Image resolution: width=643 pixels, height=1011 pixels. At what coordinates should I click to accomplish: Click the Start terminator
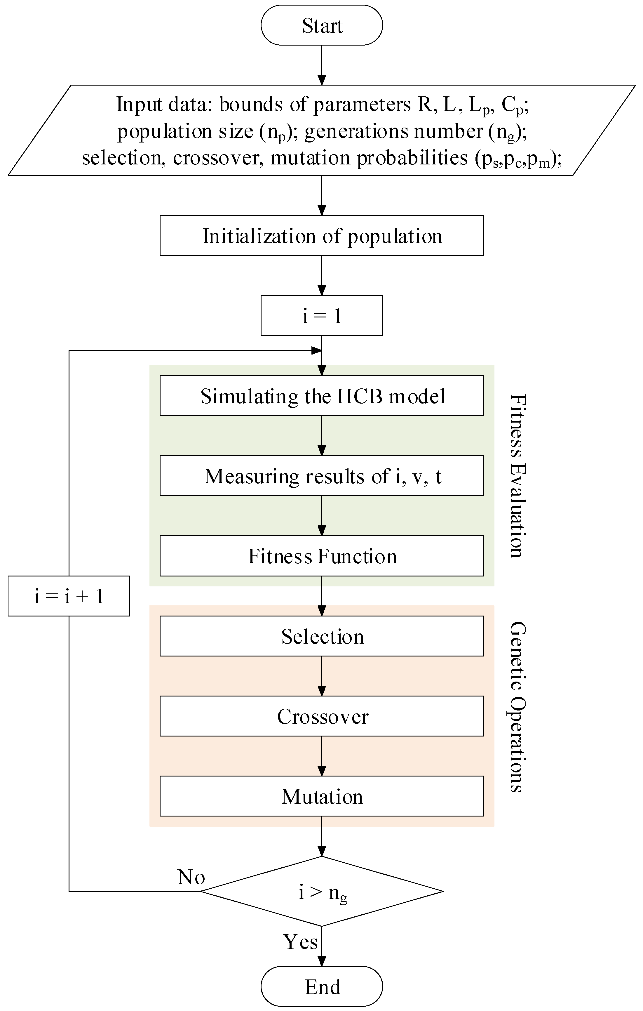tap(322, 25)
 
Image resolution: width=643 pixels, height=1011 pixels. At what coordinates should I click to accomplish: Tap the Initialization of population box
tap(322, 236)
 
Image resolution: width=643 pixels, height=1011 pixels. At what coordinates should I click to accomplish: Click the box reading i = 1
tap(322, 316)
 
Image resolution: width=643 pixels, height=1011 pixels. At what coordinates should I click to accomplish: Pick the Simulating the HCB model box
tap(322, 396)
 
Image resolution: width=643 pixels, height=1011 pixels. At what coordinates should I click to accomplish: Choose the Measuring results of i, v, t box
tap(322, 476)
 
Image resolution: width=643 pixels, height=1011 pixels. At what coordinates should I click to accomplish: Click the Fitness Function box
tap(322, 556)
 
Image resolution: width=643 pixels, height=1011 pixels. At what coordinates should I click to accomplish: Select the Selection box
tap(322, 636)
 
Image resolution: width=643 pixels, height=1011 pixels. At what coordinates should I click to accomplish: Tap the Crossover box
tap(322, 716)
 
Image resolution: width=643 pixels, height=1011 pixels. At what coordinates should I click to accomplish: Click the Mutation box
tap(322, 796)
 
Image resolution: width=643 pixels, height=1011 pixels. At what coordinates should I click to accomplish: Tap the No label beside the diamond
tap(191, 877)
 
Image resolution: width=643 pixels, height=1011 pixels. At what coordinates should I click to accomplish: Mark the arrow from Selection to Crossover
tap(322, 676)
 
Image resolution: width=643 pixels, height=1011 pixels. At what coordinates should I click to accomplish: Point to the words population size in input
tap(185, 131)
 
